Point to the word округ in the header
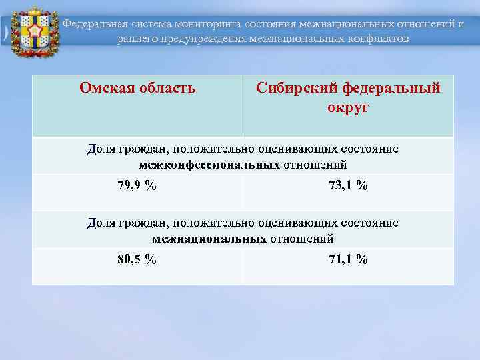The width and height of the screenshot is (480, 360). pyautogui.click(x=348, y=107)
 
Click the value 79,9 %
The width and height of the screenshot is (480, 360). pyautogui.click(x=137, y=186)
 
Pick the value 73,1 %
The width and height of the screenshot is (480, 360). pyautogui.click(x=348, y=186)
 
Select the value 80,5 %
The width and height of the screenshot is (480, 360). pyautogui.click(x=137, y=260)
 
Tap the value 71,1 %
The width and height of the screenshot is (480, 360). pyautogui.click(x=348, y=260)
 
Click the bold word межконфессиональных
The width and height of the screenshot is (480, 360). pyautogui.click(x=209, y=164)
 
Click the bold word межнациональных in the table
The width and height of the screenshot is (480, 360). pyautogui.click(x=209, y=238)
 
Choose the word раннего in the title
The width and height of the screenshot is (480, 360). pyautogui.click(x=137, y=38)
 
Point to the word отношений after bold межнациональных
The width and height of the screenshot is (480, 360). pyautogui.click(x=301, y=238)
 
